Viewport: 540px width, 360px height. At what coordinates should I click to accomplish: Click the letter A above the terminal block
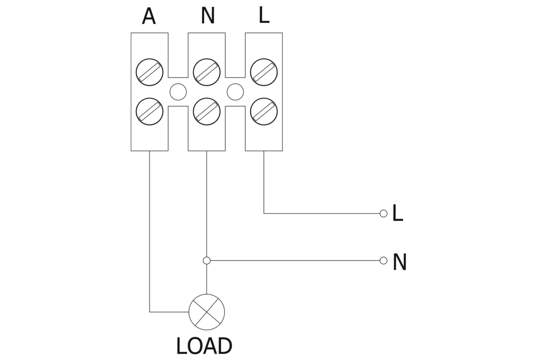(149, 17)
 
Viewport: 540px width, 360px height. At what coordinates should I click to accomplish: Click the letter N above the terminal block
(207, 16)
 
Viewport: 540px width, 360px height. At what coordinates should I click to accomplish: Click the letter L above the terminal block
(264, 15)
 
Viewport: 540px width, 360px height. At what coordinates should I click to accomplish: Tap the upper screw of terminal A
(149, 72)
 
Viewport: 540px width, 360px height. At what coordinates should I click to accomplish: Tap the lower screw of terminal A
(149, 111)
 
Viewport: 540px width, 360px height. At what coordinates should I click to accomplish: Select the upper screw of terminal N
(207, 72)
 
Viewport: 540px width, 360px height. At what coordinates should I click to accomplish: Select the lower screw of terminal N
(207, 111)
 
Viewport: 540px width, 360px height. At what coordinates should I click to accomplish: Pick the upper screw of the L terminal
(264, 72)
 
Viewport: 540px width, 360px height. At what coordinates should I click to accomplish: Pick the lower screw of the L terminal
(264, 111)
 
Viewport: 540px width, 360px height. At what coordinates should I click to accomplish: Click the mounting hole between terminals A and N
(178, 92)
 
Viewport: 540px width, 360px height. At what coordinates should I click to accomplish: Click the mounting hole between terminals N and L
(235, 92)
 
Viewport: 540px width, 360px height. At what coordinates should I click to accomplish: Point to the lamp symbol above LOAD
(207, 312)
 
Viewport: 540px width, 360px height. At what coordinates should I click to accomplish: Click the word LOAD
(204, 346)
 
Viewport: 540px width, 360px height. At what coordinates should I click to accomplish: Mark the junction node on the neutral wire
(207, 261)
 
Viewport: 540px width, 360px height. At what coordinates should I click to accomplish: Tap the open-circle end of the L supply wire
(383, 213)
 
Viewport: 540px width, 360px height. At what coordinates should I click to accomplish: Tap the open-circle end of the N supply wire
(383, 261)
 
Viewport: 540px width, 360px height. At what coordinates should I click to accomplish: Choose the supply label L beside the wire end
(397, 213)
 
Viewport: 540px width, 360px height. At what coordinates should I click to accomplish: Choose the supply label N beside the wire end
(400, 262)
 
